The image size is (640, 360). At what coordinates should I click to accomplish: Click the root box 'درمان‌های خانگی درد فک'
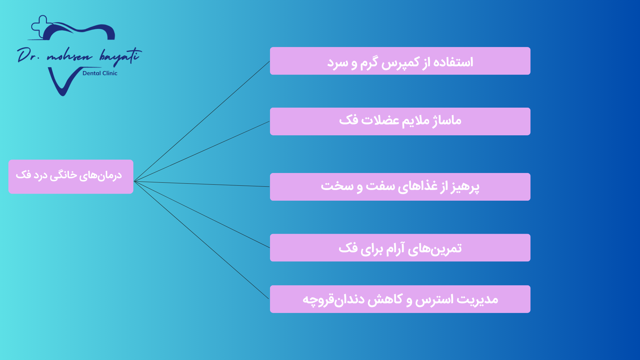coord(71,177)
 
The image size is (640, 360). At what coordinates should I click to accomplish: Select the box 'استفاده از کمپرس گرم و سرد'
coord(400,61)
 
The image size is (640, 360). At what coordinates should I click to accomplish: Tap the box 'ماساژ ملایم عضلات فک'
coord(400,121)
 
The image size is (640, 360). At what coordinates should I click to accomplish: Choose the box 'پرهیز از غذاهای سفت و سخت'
coord(400,187)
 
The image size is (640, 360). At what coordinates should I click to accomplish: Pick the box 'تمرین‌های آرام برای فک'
coord(400,248)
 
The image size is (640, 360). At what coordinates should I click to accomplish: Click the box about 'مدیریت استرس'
coord(400,299)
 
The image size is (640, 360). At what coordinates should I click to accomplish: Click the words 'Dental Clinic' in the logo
coord(100,73)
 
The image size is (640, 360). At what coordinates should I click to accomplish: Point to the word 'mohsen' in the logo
coord(69,57)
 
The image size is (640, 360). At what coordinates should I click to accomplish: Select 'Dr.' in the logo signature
coord(28,55)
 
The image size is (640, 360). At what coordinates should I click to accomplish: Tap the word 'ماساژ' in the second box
coord(447,120)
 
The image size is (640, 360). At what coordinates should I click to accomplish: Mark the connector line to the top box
coord(202,121)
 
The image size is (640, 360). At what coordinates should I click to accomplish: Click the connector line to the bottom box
coord(201,240)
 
